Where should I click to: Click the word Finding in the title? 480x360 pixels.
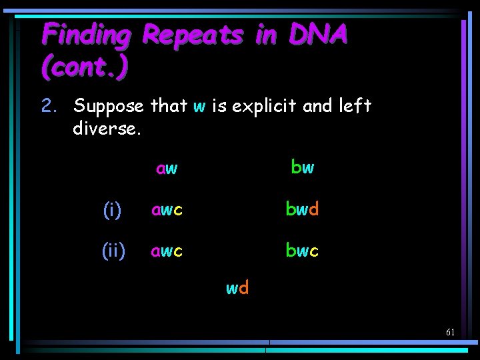pyautogui.click(x=86, y=35)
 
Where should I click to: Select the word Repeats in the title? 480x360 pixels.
pyautogui.click(x=193, y=34)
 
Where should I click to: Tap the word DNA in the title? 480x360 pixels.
pyautogui.click(x=318, y=34)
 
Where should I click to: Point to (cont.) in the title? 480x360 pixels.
pyautogui.click(x=85, y=66)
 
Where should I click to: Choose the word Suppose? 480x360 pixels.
pyautogui.click(x=109, y=106)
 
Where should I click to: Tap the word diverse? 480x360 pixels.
pyautogui.click(x=107, y=127)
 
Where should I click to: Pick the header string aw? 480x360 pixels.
pyautogui.click(x=167, y=169)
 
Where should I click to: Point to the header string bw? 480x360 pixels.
pyautogui.click(x=302, y=167)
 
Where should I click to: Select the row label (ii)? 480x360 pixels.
pyautogui.click(x=113, y=251)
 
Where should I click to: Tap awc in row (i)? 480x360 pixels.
pyautogui.click(x=167, y=210)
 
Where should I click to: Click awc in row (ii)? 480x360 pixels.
pyautogui.click(x=167, y=251)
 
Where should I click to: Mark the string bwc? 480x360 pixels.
pyautogui.click(x=302, y=251)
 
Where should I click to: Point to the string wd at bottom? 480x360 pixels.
pyautogui.click(x=237, y=288)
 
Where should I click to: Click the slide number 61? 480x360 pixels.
pyautogui.click(x=451, y=332)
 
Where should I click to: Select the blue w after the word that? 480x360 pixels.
pyautogui.click(x=199, y=107)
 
